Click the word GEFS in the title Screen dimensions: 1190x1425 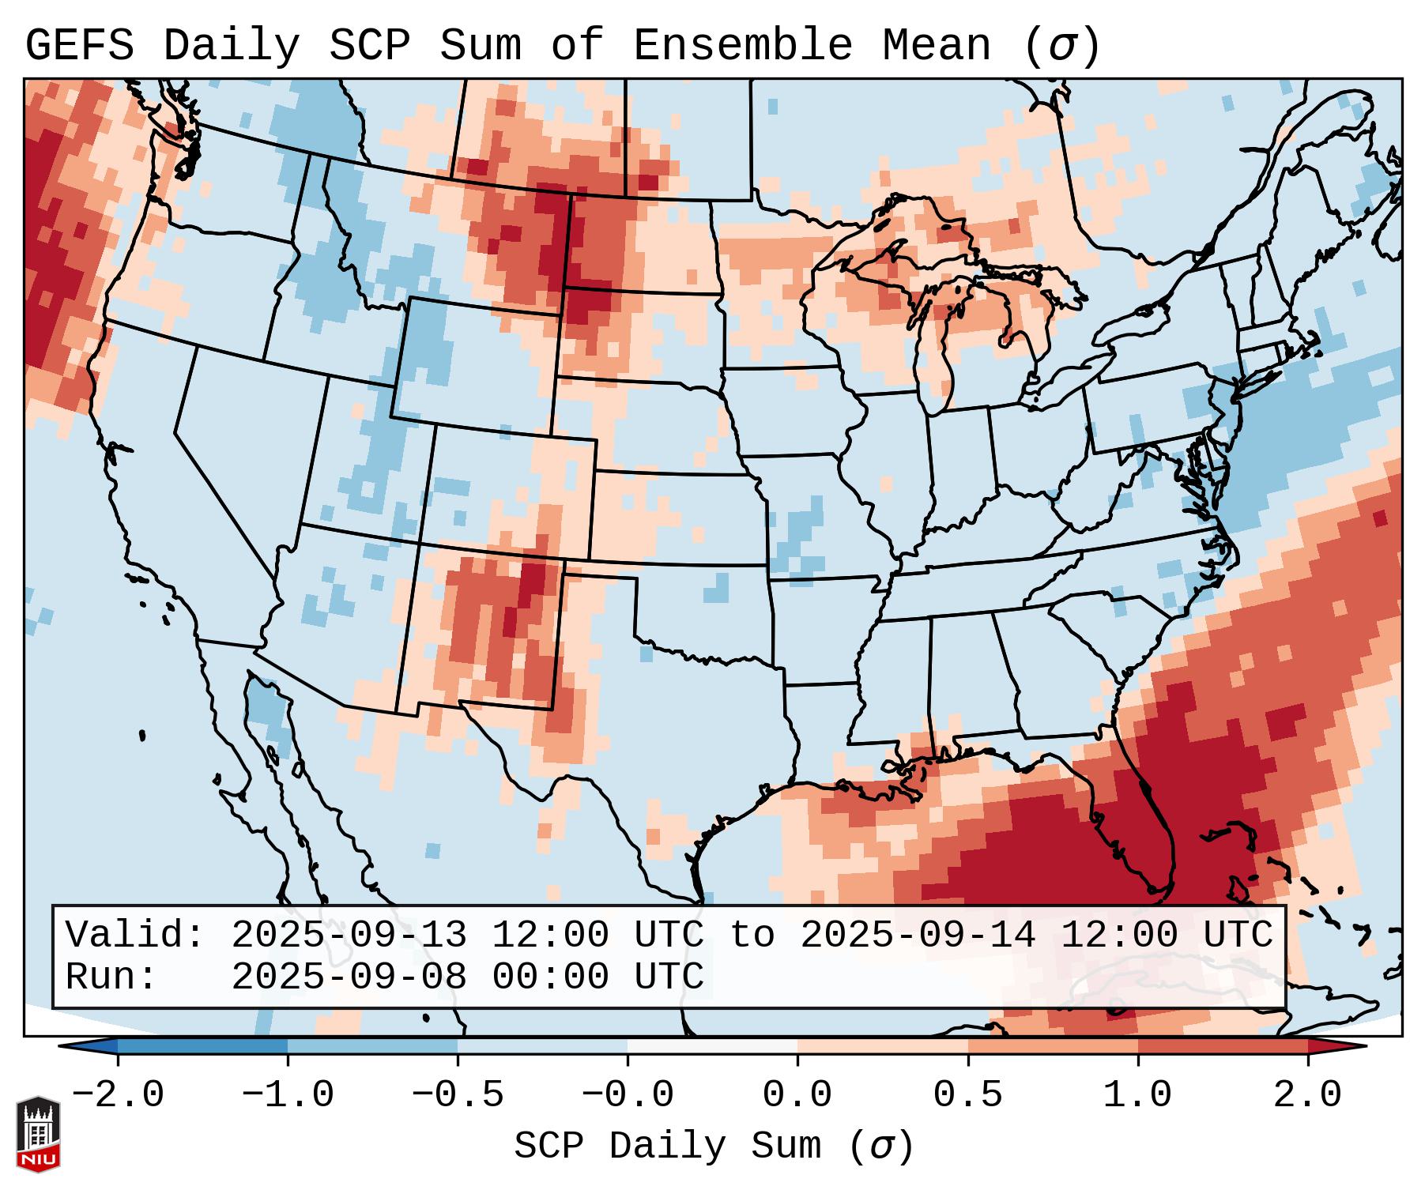click(x=79, y=46)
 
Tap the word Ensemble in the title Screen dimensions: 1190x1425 click(x=742, y=46)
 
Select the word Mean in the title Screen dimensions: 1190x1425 click(x=936, y=46)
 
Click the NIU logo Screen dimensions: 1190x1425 click(x=38, y=1134)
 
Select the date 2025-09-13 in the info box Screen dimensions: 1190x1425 click(x=349, y=936)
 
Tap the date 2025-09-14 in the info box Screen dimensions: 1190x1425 click(x=918, y=936)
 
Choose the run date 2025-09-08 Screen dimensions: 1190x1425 click(x=349, y=977)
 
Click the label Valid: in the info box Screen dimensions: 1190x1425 click(x=135, y=936)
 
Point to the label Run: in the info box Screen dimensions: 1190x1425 click(x=111, y=977)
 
